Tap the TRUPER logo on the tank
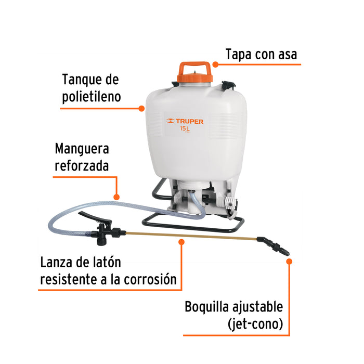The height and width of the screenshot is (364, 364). pyautogui.click(x=185, y=121)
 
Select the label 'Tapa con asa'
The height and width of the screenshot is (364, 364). pyautogui.click(x=262, y=54)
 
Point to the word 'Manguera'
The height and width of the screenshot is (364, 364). pyautogui.click(x=82, y=149)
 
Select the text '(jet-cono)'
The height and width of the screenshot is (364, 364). pyautogui.click(x=255, y=324)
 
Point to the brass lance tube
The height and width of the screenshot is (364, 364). pyautogui.click(x=187, y=236)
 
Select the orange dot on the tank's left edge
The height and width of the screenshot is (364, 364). pyautogui.click(x=141, y=109)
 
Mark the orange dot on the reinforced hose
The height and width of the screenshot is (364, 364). pyautogui.click(x=116, y=197)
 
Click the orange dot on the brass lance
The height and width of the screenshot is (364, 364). pyautogui.click(x=181, y=241)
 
